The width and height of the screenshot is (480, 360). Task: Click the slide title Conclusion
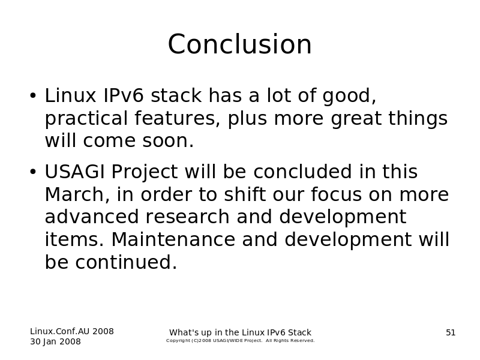coord(239,44)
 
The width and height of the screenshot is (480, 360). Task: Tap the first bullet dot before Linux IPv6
coord(33,96)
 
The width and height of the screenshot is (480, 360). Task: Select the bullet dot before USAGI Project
coord(33,172)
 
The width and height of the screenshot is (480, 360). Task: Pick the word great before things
coord(356,119)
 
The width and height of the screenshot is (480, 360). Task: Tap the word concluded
coord(302,172)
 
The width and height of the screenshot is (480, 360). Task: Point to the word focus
coord(336,194)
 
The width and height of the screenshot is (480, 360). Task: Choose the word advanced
coord(92,217)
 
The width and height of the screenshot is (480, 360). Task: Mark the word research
coord(187,217)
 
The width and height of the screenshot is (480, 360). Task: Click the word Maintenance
coord(173,239)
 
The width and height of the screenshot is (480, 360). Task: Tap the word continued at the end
coord(126,262)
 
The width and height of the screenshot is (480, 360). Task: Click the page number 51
coord(451,333)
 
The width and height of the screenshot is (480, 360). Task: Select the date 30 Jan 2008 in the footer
coord(55,341)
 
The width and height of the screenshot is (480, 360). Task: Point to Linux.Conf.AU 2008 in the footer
coord(72,332)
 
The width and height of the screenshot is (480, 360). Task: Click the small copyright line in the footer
coord(241,341)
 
